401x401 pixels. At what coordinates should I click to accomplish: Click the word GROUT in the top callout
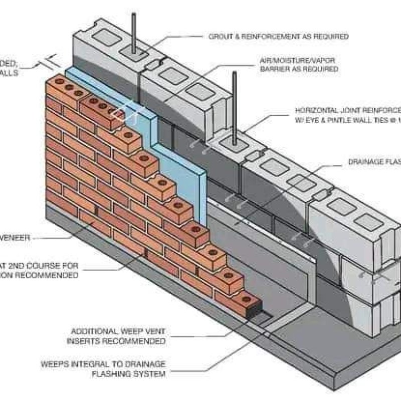click(x=220, y=37)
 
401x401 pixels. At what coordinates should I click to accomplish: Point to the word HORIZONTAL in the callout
click(x=317, y=110)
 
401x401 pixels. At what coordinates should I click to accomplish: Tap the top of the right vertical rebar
click(x=234, y=73)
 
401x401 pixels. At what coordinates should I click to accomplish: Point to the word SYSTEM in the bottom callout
click(x=153, y=373)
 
